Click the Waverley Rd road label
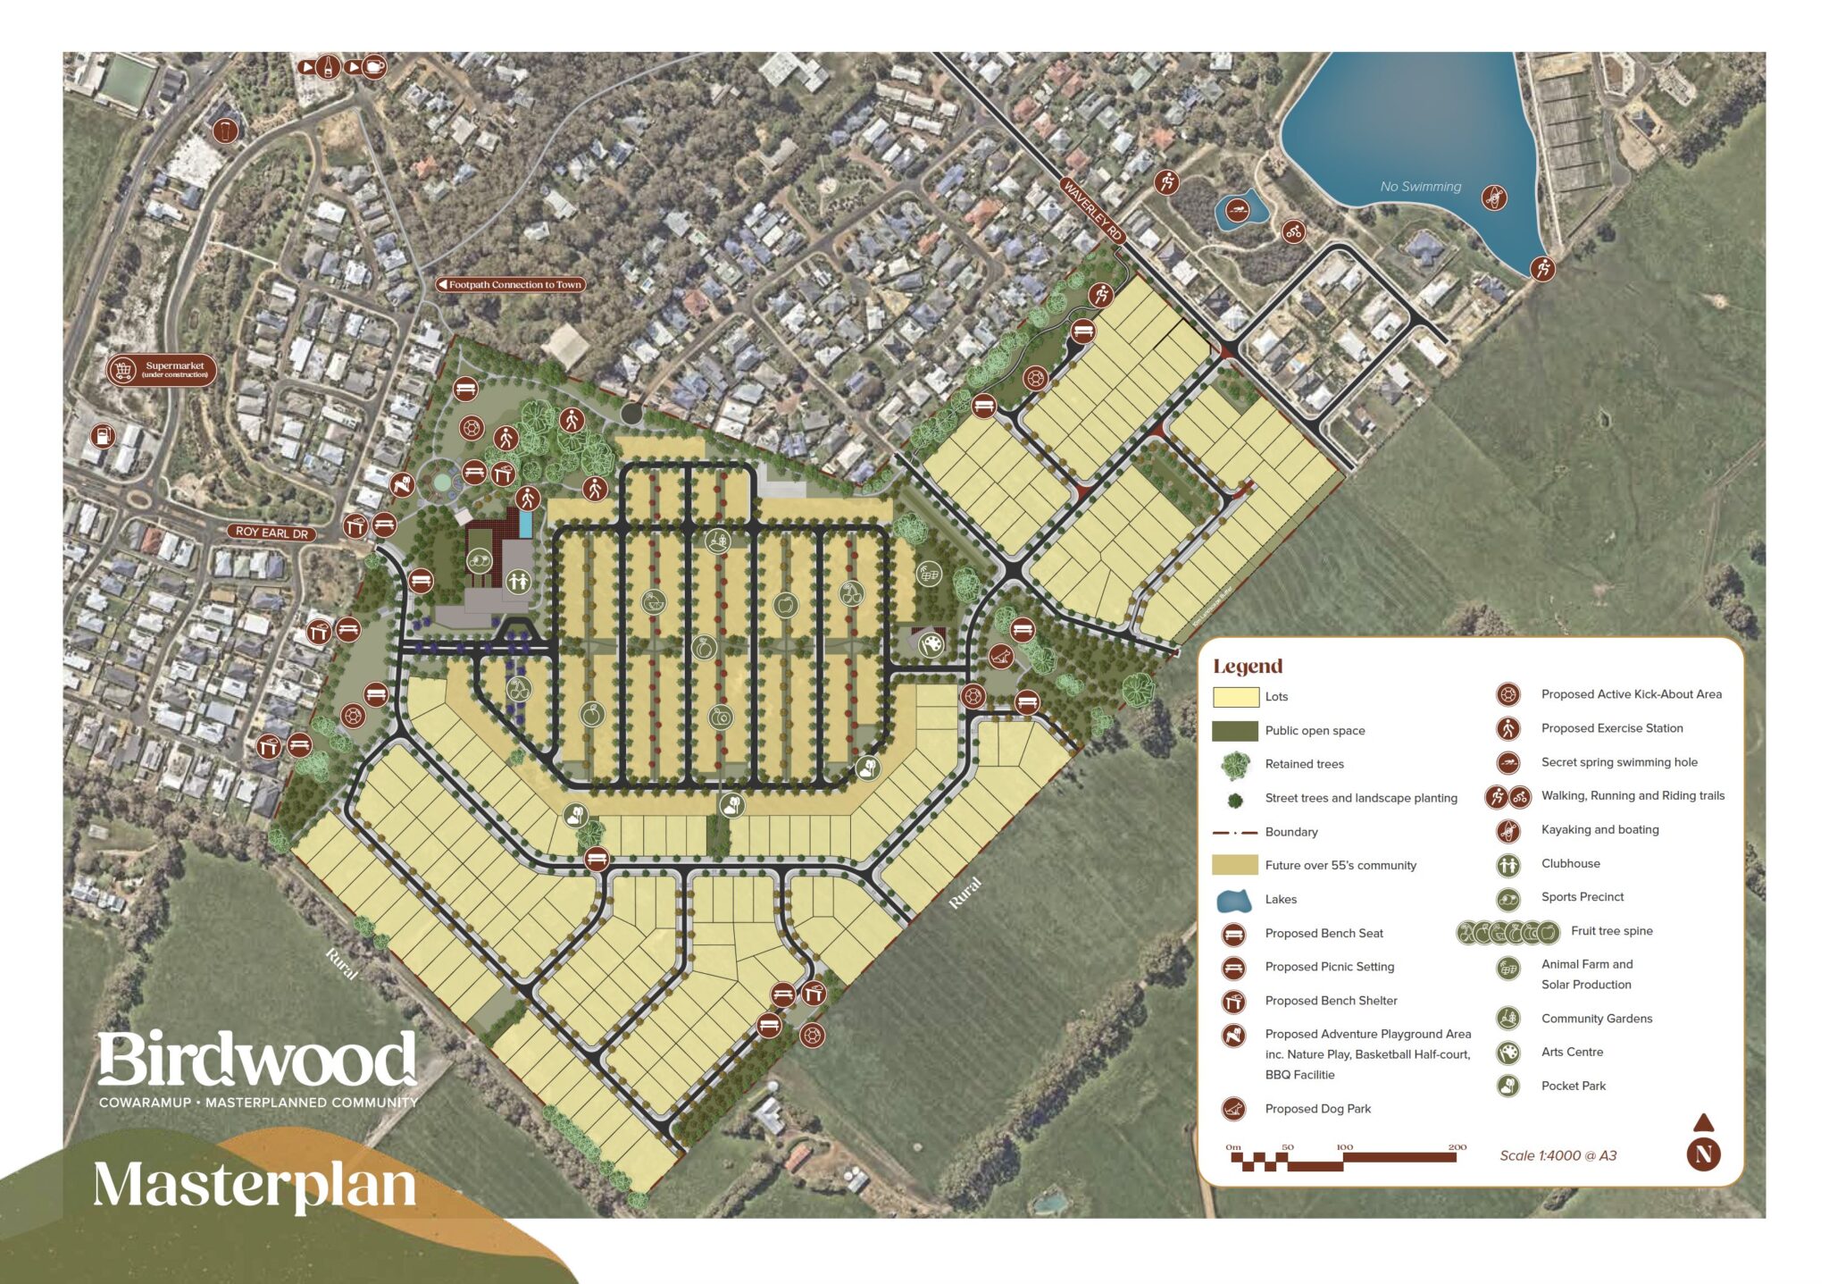[1091, 209]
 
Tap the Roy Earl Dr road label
[271, 533]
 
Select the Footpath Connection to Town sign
[511, 285]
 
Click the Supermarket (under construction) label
[163, 370]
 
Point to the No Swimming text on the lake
[1420, 187]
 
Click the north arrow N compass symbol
[1703, 1153]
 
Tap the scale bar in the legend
[1344, 1159]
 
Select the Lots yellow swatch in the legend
[1235, 697]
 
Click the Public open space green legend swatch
[1235, 731]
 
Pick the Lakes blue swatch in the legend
[1235, 900]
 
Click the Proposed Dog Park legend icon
[1233, 1109]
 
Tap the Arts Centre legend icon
[1508, 1053]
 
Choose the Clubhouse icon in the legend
[1508, 864]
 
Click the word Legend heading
[1247, 667]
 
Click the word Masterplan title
[255, 1185]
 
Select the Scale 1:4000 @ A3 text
[1558, 1155]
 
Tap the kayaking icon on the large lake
[1494, 197]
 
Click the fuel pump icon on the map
[104, 436]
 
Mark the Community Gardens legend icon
[1508, 1019]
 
